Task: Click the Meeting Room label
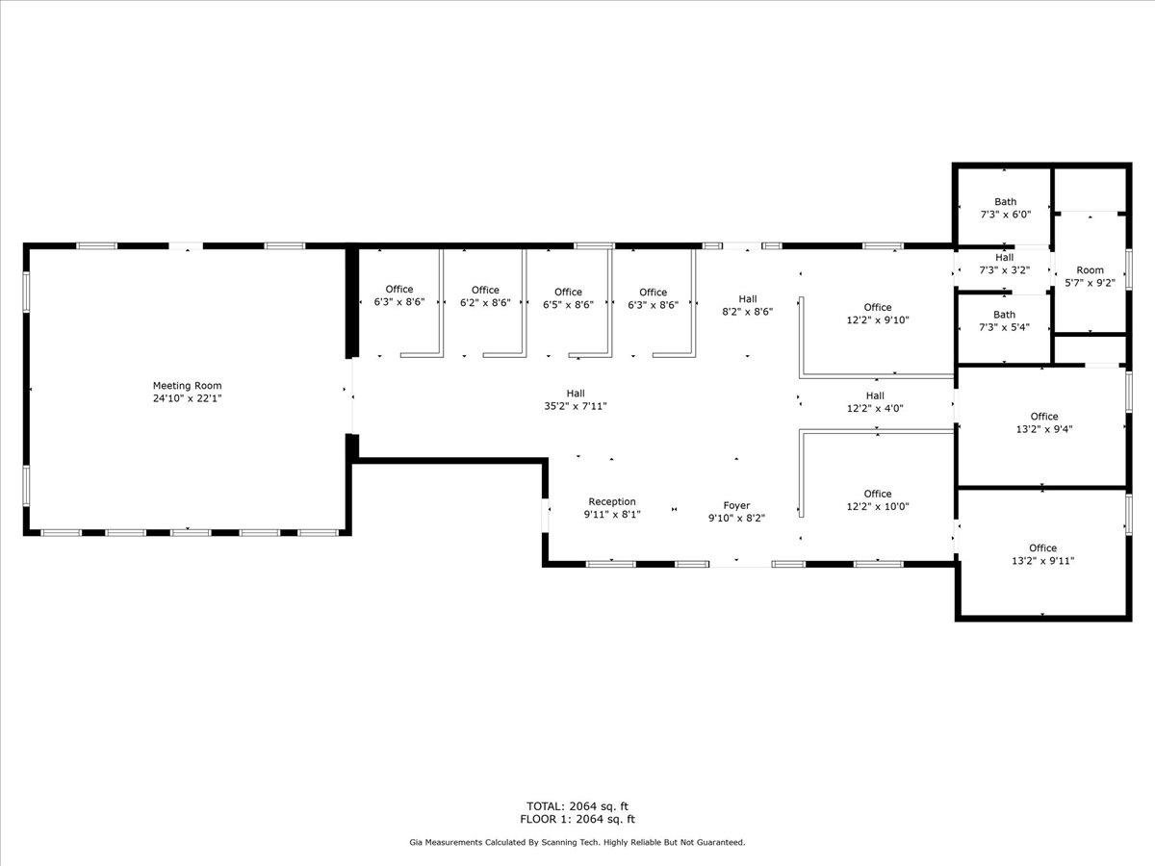[x=187, y=386]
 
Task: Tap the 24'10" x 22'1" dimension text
[x=187, y=398]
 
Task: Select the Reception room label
[x=612, y=501]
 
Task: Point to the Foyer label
[x=736, y=506]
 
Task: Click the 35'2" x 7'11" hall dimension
[x=576, y=406]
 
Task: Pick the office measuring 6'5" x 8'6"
[x=568, y=298]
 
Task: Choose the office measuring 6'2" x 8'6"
[x=485, y=296]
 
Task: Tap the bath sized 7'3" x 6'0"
[x=1005, y=208]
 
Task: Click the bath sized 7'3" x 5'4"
[x=1004, y=320]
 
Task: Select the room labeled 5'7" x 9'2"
[x=1090, y=276]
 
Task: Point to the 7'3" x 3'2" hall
[x=1004, y=264]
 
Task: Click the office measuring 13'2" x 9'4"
[x=1044, y=422]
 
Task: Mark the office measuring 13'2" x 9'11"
[x=1042, y=555]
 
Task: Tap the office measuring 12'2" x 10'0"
[x=877, y=500]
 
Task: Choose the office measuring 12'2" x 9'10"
[x=877, y=314]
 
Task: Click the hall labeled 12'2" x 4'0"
[x=875, y=401]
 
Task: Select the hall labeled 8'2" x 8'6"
[x=747, y=305]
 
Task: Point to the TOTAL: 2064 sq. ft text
[x=577, y=806]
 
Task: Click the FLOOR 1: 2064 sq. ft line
[x=577, y=819]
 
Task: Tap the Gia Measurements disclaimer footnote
[x=577, y=842]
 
